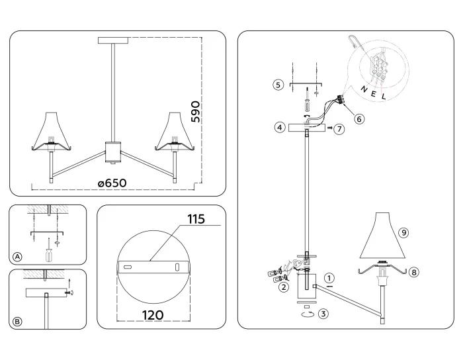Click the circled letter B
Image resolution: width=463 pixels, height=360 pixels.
pyautogui.click(x=17, y=322)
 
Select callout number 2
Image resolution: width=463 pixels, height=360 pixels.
pyautogui.click(x=283, y=288)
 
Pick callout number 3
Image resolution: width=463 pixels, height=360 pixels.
pyautogui.click(x=322, y=314)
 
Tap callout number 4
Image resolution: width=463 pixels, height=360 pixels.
pyautogui.click(x=280, y=126)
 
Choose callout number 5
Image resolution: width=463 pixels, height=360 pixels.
pyautogui.click(x=278, y=85)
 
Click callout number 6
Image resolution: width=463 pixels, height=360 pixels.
pyautogui.click(x=359, y=119)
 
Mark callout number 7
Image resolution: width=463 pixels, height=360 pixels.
pyautogui.click(x=339, y=129)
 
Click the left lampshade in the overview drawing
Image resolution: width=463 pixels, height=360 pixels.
pyautogui.click(x=50, y=130)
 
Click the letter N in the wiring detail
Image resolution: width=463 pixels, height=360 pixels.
pyautogui.click(x=361, y=88)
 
